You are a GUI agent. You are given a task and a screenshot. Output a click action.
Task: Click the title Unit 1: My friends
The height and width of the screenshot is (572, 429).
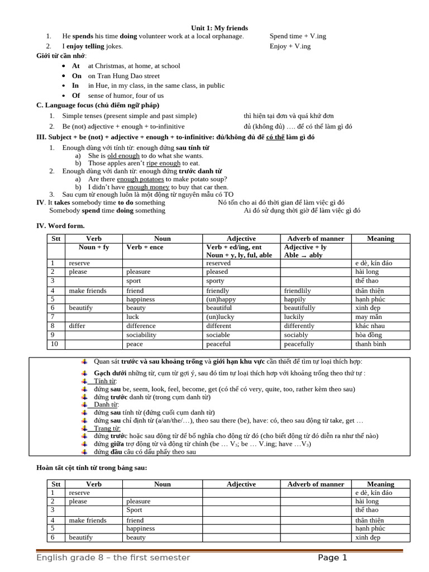click(x=220, y=28)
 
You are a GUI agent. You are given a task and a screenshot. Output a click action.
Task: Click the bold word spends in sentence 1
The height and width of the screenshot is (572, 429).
click(x=82, y=36)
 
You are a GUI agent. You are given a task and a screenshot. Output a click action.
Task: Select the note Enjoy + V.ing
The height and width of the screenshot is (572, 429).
click(x=290, y=46)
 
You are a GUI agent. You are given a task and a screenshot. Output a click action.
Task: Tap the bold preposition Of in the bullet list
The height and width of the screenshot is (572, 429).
click(x=76, y=96)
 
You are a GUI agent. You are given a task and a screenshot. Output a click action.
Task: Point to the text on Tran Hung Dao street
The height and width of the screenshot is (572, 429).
click(x=123, y=76)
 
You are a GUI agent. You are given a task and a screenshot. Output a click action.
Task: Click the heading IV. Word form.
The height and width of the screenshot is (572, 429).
click(x=60, y=226)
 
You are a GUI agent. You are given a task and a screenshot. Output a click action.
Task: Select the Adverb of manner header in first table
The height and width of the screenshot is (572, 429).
click(x=316, y=239)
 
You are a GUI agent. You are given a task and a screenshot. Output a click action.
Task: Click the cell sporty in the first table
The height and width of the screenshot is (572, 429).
click(x=215, y=281)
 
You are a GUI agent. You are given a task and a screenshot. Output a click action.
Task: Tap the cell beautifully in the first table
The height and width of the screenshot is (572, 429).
click(x=299, y=308)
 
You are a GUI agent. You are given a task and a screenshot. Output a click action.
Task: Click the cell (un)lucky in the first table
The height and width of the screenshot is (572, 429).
click(x=221, y=317)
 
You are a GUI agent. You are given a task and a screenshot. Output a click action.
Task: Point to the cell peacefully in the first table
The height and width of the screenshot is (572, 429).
click(x=299, y=344)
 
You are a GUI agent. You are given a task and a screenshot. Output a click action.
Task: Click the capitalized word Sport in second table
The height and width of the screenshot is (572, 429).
click(x=134, y=510)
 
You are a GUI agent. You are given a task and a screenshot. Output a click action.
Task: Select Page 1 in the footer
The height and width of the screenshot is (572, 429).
click(x=332, y=557)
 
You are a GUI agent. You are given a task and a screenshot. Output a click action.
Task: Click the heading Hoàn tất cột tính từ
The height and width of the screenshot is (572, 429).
click(x=91, y=468)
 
